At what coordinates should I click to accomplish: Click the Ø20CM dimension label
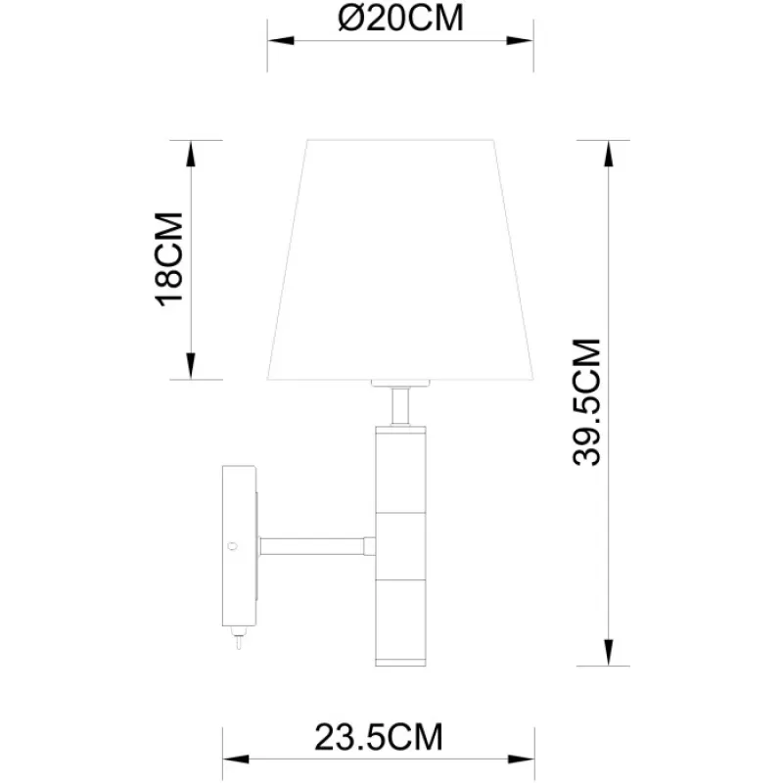(400, 18)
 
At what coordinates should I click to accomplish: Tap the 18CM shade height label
(169, 259)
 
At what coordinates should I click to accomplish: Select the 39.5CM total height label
(586, 402)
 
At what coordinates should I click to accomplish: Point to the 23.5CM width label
(379, 737)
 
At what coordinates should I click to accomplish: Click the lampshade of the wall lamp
(400, 259)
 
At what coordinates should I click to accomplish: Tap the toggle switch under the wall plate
(238, 638)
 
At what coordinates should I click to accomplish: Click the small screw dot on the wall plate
(232, 546)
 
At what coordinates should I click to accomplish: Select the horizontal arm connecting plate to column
(312, 546)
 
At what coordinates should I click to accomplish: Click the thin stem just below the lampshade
(400, 406)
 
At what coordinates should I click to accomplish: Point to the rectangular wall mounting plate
(239, 546)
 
